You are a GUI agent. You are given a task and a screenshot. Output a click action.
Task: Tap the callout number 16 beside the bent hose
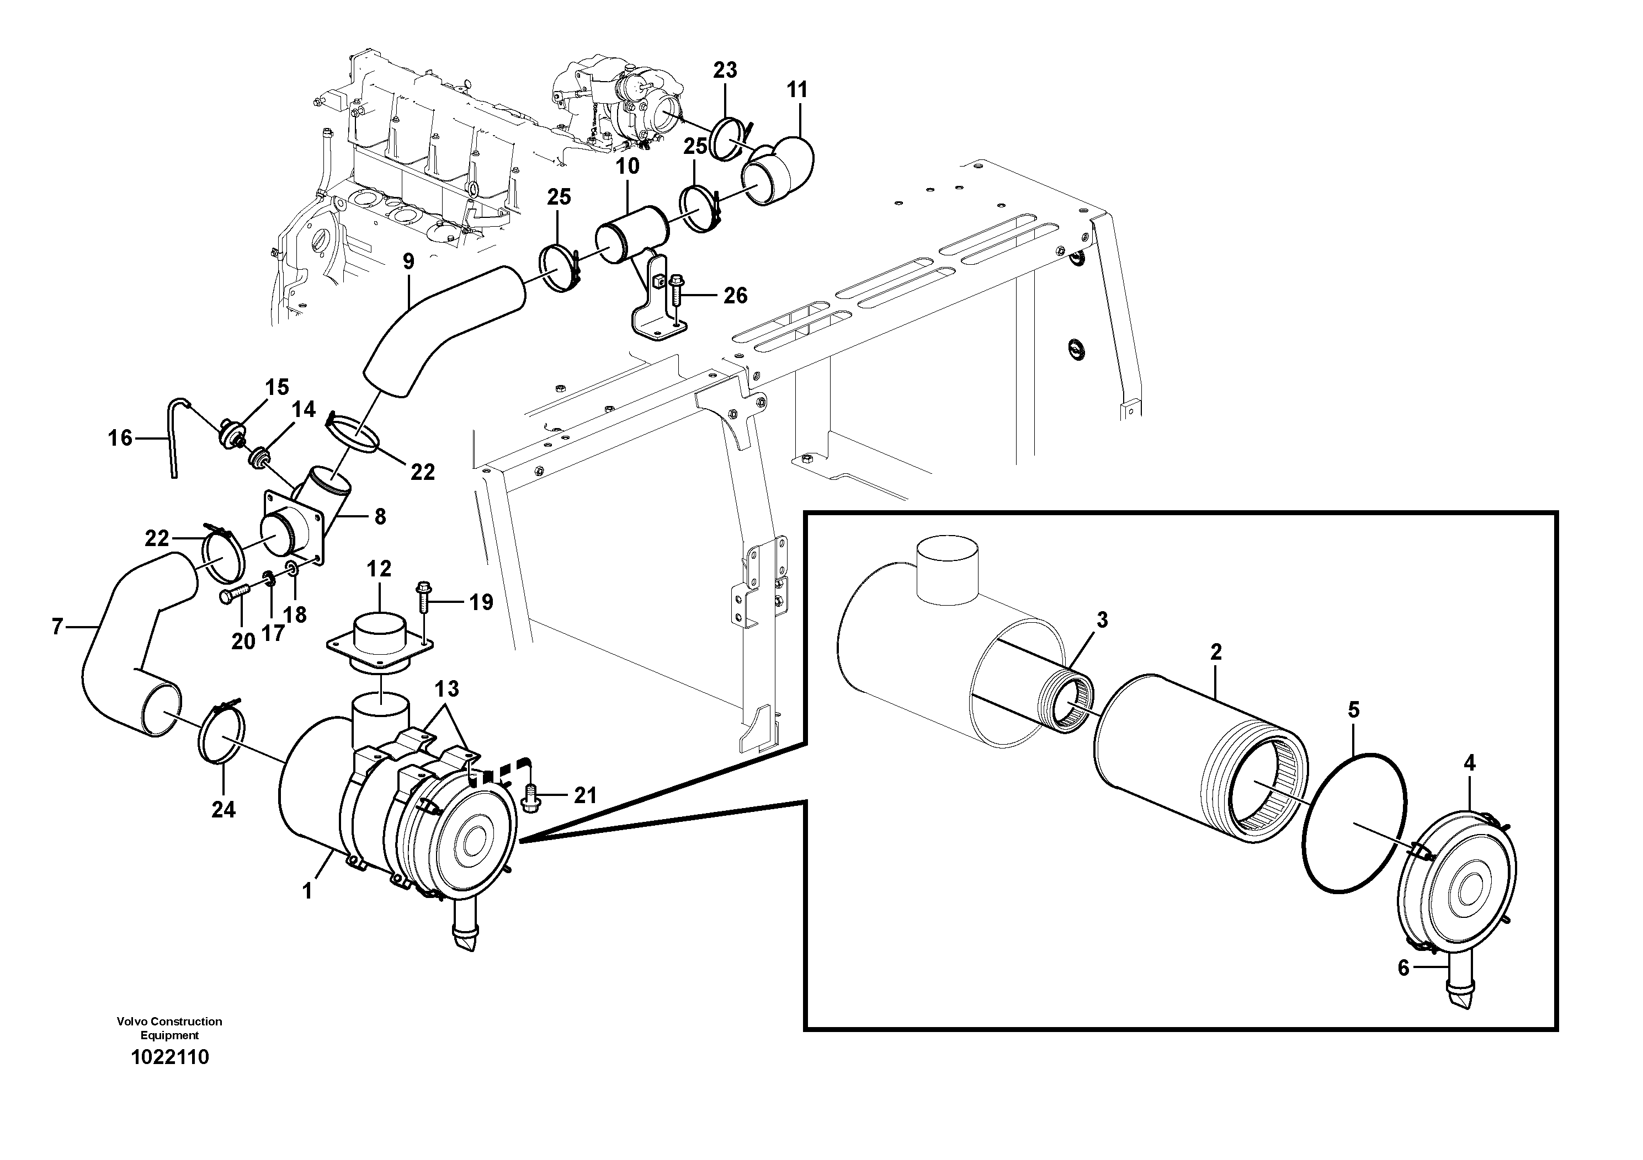pyautogui.click(x=120, y=437)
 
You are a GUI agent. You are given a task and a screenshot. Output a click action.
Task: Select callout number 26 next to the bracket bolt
pyautogui.click(x=735, y=295)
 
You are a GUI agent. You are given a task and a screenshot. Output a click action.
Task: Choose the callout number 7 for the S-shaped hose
pyautogui.click(x=57, y=627)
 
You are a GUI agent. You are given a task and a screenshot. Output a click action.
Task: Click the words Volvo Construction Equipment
pyautogui.click(x=169, y=1028)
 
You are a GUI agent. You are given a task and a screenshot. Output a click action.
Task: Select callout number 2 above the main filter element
pyautogui.click(x=1216, y=652)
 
